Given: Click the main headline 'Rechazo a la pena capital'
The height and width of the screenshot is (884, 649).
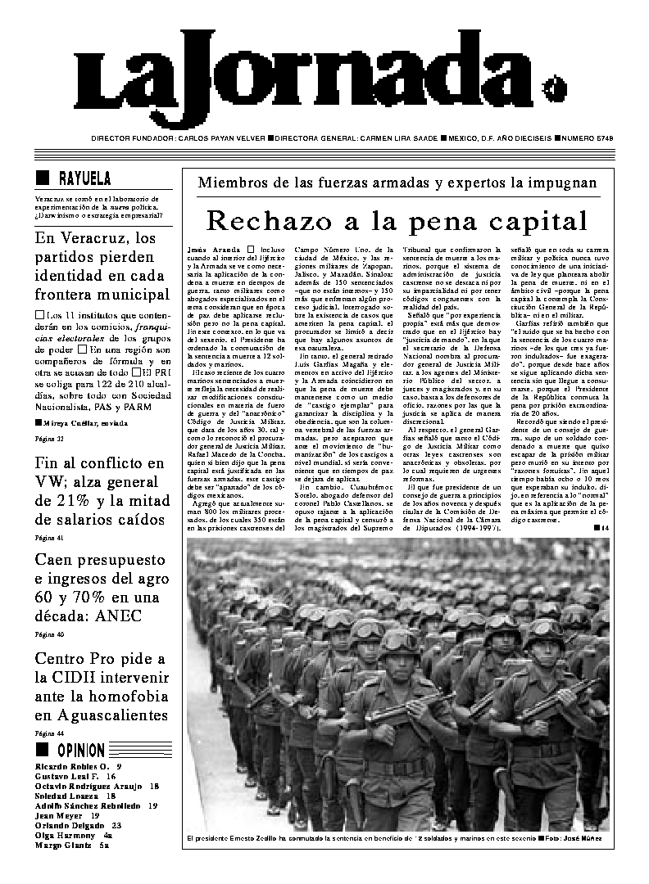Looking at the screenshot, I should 397,221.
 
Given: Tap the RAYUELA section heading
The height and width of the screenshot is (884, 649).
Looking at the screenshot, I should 84,178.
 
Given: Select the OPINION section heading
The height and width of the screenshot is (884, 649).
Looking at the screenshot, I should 80,750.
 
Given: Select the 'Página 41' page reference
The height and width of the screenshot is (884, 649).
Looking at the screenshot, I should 48,538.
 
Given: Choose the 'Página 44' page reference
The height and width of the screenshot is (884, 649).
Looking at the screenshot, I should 48,733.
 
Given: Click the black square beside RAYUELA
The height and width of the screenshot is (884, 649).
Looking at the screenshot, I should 43,178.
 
